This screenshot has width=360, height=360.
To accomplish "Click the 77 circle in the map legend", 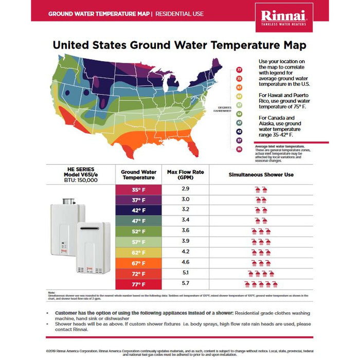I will tap(239, 69).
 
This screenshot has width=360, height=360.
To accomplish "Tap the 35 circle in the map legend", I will tap(239, 149).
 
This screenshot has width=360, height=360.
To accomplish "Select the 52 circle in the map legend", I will tap(239, 114).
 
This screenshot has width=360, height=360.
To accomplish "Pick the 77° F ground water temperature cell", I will tap(138, 284).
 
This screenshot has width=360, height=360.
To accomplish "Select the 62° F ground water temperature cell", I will tap(138, 253).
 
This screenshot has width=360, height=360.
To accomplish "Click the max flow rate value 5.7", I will tap(186, 283).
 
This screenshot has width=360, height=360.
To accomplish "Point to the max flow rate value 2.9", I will tap(186, 189).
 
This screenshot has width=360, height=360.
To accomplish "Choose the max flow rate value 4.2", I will tap(186, 252).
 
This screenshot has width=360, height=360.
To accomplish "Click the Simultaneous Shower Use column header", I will tap(261, 175).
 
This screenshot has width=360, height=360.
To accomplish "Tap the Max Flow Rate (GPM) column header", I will tap(186, 174).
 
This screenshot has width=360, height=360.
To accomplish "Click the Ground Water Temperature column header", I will tap(138, 174).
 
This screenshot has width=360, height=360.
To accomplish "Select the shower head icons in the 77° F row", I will tap(261, 284).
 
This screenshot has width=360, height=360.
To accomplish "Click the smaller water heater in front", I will tap(93, 247).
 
